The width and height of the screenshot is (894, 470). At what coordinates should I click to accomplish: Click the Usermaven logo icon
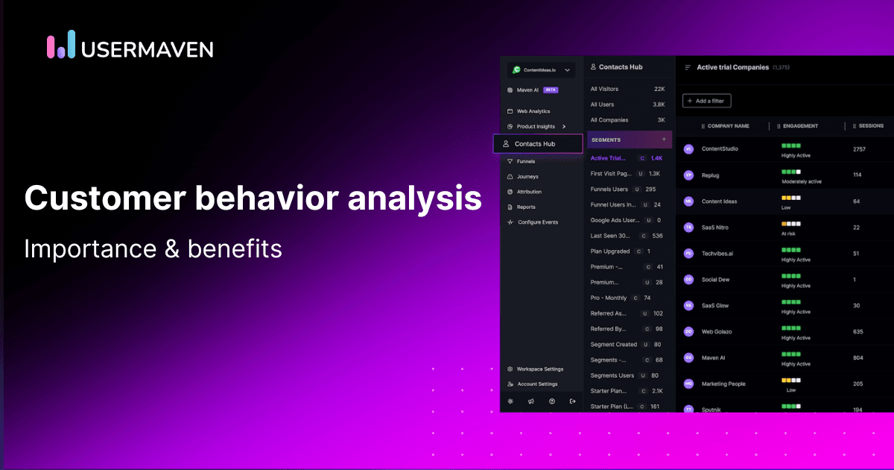(61, 45)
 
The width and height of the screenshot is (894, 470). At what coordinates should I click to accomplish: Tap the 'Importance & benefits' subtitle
(153, 248)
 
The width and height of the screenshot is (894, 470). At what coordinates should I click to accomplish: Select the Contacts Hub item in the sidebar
(535, 143)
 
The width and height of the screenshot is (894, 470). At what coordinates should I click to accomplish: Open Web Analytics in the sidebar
(533, 111)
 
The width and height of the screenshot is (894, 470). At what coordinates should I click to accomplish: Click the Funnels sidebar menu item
(527, 161)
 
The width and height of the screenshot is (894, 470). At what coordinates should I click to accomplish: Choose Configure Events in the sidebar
(537, 222)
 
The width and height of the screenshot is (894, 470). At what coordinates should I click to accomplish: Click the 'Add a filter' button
(707, 101)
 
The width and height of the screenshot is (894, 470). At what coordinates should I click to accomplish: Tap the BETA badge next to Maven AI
(551, 90)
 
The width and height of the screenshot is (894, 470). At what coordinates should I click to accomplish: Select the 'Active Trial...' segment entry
(609, 158)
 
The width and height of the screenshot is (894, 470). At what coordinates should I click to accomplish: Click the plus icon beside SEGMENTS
(664, 140)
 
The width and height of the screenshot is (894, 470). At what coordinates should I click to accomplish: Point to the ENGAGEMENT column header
(800, 126)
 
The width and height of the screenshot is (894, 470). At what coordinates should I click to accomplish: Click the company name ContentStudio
(720, 149)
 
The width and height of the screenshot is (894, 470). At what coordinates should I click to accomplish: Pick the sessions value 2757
(860, 149)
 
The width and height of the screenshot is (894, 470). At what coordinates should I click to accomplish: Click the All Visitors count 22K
(659, 89)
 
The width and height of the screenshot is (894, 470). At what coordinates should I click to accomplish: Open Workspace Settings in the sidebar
(540, 369)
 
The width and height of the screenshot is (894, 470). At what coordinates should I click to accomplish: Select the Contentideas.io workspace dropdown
(541, 70)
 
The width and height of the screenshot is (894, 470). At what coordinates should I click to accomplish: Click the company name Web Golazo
(717, 331)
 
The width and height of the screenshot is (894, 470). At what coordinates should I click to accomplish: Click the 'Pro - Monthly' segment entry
(609, 298)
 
